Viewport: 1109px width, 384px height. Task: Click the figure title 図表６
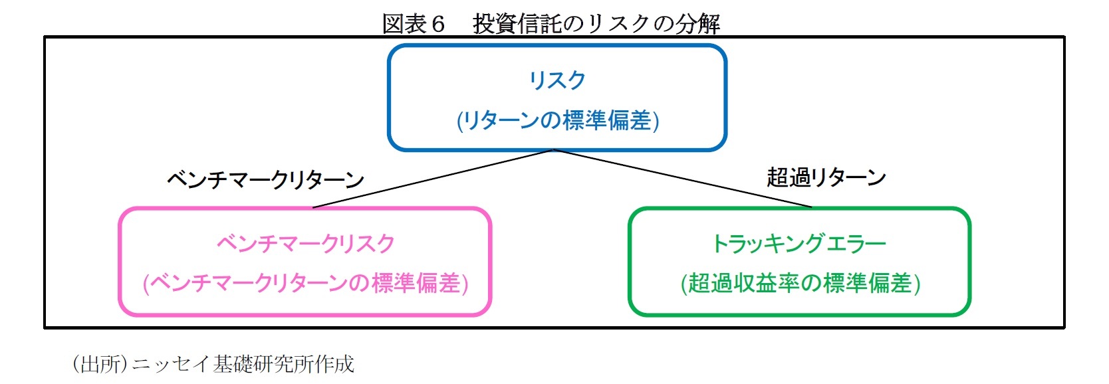coord(413,24)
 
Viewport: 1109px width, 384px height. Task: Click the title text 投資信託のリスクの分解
coord(596,24)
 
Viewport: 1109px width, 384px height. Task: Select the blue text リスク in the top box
coord(557,80)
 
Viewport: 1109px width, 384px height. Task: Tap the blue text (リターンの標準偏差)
coord(557,121)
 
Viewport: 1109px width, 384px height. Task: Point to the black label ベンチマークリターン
coord(265,179)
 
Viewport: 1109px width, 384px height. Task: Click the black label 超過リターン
coord(826,177)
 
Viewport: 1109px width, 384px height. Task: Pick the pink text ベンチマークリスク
coord(305,244)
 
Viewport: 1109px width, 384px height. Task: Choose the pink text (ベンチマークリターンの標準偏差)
coord(305,284)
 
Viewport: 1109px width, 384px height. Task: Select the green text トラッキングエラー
coord(799,244)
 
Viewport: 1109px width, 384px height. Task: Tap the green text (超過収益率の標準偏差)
coord(800,284)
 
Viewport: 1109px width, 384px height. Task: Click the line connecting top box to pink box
coord(432,179)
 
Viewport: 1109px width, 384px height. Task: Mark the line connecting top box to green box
coord(681,179)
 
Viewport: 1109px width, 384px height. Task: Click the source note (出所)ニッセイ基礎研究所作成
coord(213,364)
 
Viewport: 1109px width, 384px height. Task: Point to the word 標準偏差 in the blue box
coord(606,121)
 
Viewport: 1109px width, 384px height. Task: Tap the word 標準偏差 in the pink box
coord(416,284)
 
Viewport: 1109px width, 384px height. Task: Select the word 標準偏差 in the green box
coord(867,284)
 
